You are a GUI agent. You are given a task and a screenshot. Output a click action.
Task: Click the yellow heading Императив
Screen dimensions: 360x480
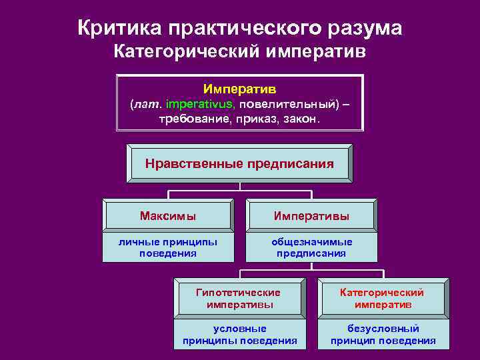coord(239,89)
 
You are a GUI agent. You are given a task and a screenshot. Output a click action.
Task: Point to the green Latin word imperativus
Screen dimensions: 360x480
coord(200,104)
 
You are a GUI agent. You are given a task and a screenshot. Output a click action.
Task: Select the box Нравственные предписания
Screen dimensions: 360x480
coord(239,163)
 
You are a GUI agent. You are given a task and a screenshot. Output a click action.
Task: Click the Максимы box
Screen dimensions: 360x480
coord(168,216)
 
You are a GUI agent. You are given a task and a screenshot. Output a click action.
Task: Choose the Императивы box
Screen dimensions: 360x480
coord(312,216)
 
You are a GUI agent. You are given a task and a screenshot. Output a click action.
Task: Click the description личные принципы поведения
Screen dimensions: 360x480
coord(168,247)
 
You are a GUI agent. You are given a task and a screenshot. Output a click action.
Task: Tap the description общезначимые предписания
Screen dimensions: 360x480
coord(312,247)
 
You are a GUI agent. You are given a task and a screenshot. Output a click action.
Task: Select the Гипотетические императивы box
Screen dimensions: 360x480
coord(239,298)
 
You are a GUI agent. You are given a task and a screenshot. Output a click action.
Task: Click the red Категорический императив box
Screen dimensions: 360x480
coord(383,298)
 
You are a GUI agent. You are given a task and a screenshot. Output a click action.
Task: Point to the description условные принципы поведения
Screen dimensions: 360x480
coord(239,335)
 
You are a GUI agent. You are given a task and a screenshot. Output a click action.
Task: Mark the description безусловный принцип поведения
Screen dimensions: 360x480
coord(383,335)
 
